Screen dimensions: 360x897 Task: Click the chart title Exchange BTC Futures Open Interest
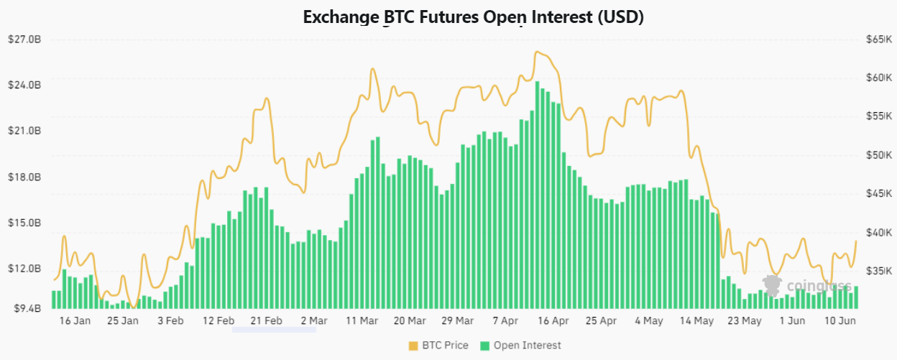pos(473,17)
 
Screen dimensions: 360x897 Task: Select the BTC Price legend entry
pos(438,346)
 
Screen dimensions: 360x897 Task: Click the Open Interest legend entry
pos(521,346)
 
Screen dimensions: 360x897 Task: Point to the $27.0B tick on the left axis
pos(24,39)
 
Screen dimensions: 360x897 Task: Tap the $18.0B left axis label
pos(24,177)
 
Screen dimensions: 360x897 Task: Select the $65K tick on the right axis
pos(879,39)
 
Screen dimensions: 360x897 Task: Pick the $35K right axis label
pos(879,271)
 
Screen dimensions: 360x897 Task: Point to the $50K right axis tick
pos(879,155)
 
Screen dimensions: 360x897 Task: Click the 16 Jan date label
pos(75,321)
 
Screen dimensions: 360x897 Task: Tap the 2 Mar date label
pos(314,321)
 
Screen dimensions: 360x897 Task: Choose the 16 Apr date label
pos(553,321)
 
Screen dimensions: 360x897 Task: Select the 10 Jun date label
pos(839,321)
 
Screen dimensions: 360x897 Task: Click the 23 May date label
pos(744,321)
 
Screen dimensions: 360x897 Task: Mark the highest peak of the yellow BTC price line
pos(537,52)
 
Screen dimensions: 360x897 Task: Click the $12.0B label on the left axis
pos(24,269)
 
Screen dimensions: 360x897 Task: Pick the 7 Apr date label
pos(505,321)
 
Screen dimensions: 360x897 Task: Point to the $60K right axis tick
pos(879,78)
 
